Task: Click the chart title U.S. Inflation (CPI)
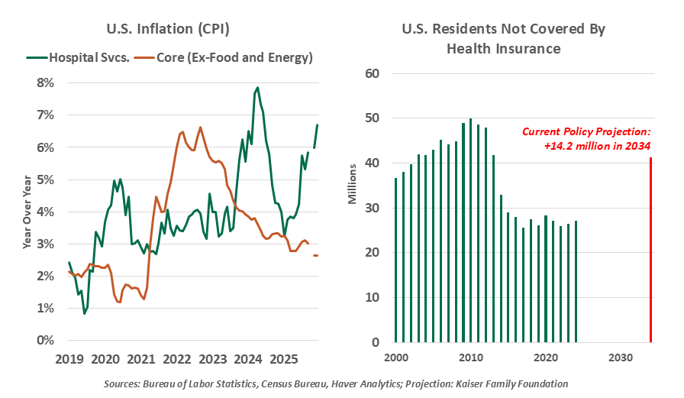click(x=168, y=30)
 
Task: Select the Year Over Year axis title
click(x=27, y=212)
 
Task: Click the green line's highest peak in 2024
click(x=257, y=88)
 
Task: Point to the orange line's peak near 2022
click(x=200, y=128)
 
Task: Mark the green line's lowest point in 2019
click(x=85, y=313)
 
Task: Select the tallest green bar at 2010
click(x=470, y=230)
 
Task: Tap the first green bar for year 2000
click(x=395, y=260)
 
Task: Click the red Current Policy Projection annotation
click(x=586, y=138)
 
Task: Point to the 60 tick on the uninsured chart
click(x=373, y=74)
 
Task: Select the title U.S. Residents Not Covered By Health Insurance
click(x=503, y=39)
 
